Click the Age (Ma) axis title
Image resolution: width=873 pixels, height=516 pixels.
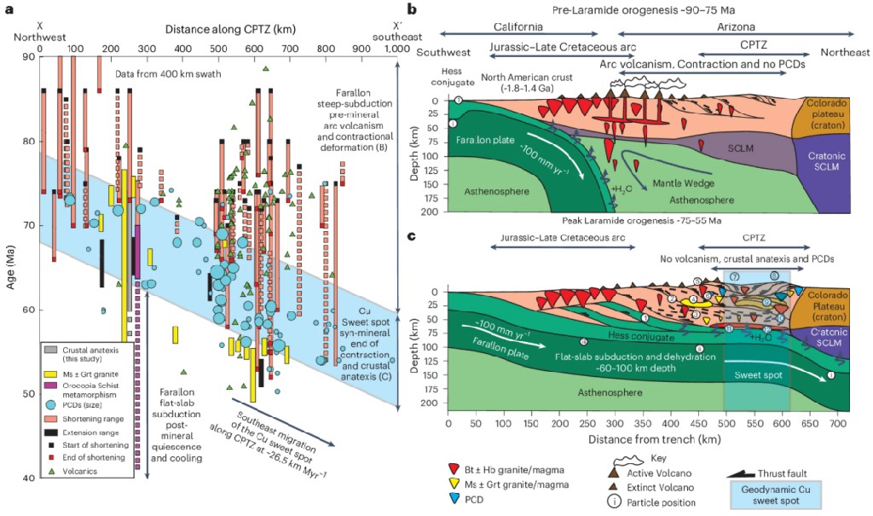(x=10, y=267)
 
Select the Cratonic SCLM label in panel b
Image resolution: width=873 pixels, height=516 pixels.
(x=825, y=168)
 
